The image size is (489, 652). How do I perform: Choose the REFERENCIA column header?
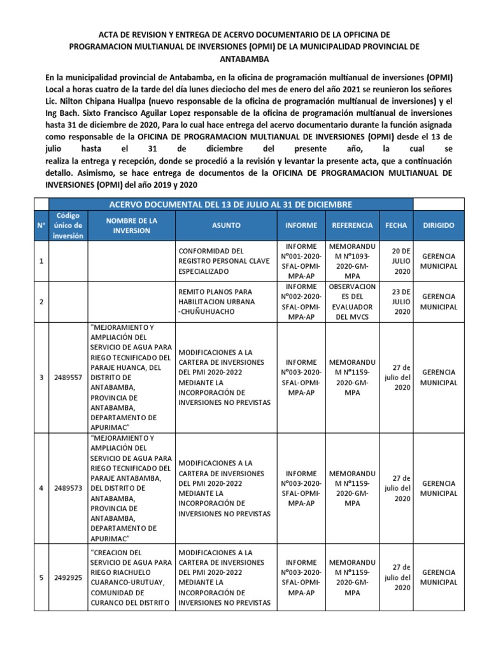[352, 225]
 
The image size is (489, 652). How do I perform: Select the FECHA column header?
[396, 225]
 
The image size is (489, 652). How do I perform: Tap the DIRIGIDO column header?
[439, 225]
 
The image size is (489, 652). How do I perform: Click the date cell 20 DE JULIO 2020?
[402, 261]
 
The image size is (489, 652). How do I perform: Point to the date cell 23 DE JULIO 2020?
[402, 302]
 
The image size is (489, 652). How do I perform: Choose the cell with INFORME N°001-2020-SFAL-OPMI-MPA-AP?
[301, 261]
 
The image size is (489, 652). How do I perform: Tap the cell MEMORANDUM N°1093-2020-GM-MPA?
[352, 261]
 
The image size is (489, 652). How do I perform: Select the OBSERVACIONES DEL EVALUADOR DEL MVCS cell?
[352, 302]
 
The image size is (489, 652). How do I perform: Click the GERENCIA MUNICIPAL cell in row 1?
[439, 261]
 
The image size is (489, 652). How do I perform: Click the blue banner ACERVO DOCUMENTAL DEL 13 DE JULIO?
[230, 204]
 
